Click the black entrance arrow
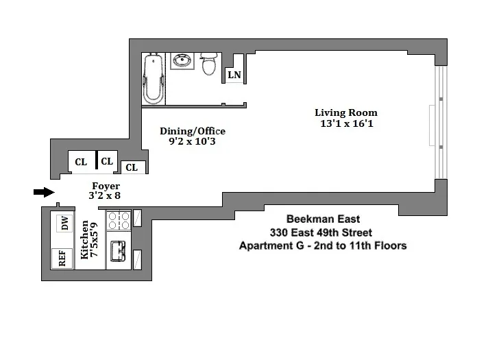tap(43, 192)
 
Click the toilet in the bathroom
tap(209, 64)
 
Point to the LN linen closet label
tap(234, 75)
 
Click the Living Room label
tap(345, 112)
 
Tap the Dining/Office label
tap(192, 131)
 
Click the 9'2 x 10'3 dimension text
tap(192, 142)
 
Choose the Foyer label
tap(106, 186)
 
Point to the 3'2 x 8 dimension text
tap(106, 195)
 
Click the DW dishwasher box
tap(65, 223)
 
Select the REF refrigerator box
tap(62, 259)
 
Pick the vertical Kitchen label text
tap(90, 239)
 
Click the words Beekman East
tap(321, 219)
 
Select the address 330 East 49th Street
tap(321, 232)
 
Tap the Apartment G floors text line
tap(321, 245)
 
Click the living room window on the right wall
tap(441, 123)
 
